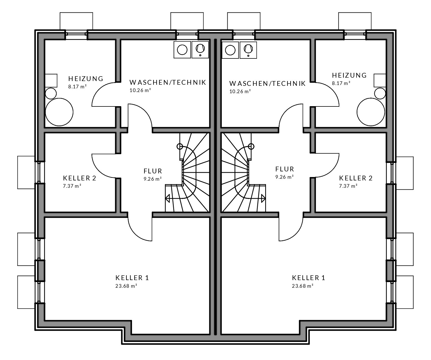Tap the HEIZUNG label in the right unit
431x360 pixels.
pos(349,75)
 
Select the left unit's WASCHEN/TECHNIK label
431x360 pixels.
pos(168,82)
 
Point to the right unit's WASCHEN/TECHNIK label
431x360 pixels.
pos(267,84)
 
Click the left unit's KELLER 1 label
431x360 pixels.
pos(132,278)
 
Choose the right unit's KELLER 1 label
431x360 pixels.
pos(309,278)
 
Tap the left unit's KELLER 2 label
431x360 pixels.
pos(80,178)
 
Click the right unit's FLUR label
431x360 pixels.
pos(285,169)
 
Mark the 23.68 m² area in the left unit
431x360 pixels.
pos(126,286)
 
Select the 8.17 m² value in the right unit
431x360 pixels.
pos(341,83)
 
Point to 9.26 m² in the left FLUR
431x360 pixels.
pos(152,178)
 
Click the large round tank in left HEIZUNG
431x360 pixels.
pos(59,112)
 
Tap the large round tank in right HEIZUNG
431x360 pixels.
pos(371,112)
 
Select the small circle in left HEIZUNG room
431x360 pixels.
pos(51,93)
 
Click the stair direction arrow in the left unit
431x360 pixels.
pos(168,198)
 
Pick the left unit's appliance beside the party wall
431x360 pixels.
pos(200,50)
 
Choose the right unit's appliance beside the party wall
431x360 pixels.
pos(230,50)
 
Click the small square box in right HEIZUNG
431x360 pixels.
pos(380,80)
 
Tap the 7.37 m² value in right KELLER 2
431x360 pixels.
pos(348,186)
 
